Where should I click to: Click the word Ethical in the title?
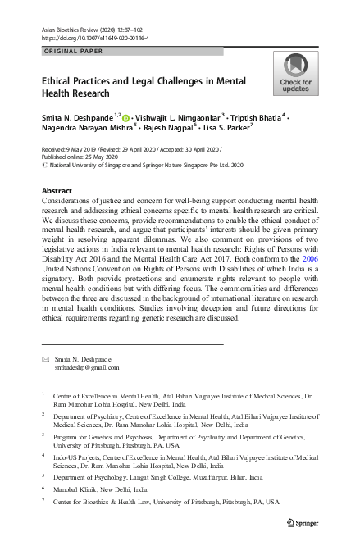tap(58, 82)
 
